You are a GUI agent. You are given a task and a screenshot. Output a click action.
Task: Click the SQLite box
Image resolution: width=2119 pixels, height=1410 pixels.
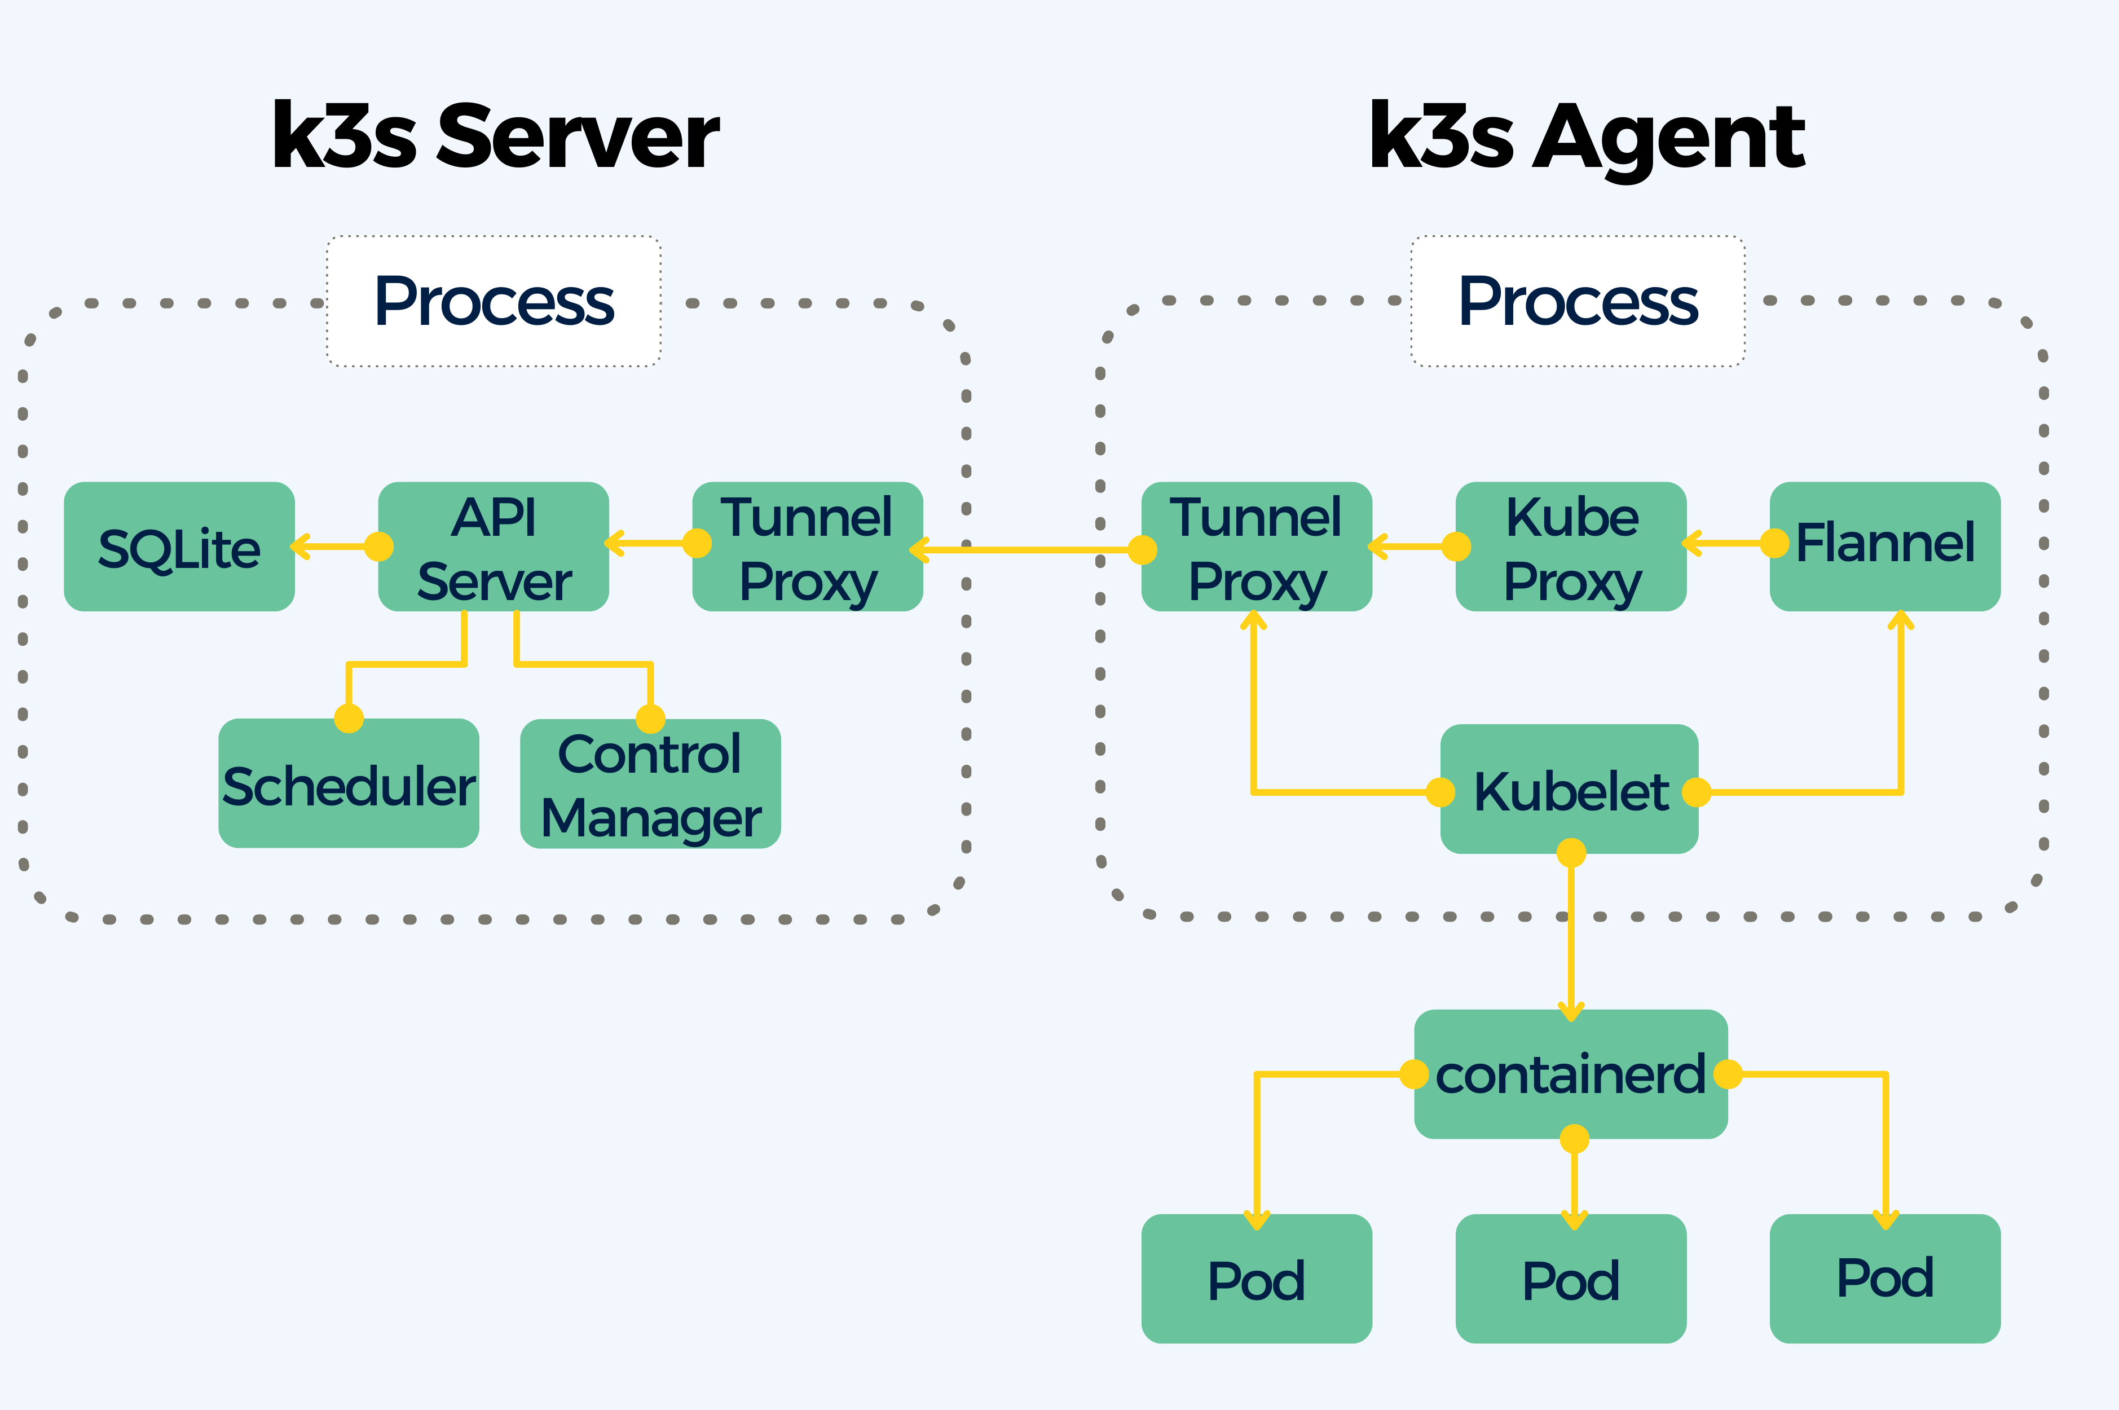pos(179,547)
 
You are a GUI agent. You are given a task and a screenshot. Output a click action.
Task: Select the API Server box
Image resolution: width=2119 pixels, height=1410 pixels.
pos(494,547)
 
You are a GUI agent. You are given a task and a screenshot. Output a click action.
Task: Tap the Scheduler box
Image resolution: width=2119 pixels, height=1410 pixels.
pos(349,784)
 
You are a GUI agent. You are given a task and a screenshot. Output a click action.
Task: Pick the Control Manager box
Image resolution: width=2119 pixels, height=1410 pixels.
pos(650,784)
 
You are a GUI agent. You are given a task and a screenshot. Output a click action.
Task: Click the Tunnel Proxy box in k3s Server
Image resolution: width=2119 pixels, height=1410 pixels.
pos(807,547)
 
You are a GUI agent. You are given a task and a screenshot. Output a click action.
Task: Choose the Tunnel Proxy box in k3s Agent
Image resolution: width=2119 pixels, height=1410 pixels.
pos(1256,547)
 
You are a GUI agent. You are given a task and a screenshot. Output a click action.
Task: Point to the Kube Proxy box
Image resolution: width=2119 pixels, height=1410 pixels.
pos(1571,547)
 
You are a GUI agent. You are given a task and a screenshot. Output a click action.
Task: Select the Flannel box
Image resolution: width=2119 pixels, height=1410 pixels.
pos(1884,547)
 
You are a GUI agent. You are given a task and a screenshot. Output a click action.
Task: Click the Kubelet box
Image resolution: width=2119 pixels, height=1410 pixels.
pos(1569,790)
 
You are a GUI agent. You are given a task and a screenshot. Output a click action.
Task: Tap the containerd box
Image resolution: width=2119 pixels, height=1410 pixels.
pos(1571,1074)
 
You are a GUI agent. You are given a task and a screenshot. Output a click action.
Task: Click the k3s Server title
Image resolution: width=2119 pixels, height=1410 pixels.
pos(495,136)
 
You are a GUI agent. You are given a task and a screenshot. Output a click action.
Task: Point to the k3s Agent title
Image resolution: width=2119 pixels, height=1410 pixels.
pos(1588,136)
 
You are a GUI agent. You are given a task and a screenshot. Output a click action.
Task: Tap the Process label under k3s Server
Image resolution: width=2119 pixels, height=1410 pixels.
pos(494,301)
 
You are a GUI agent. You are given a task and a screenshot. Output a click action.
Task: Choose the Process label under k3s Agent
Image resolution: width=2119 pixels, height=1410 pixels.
pos(1578,301)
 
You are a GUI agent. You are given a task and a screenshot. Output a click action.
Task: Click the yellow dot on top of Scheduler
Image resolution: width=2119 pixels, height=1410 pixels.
pos(349,719)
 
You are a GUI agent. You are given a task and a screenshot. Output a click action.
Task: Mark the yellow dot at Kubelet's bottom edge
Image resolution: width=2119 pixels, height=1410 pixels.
pos(1571,852)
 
